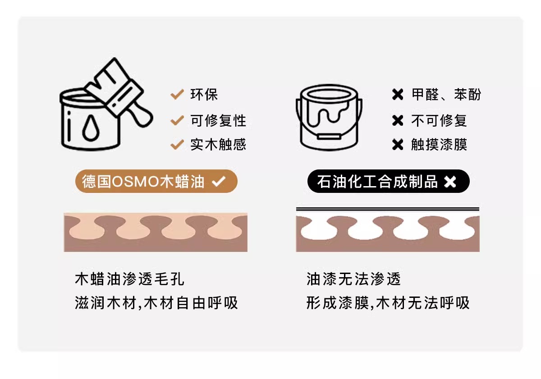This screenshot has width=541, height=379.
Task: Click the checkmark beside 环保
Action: (177, 94)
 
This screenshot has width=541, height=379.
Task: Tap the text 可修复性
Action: (218, 120)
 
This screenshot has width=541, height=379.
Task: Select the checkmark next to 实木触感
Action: (177, 144)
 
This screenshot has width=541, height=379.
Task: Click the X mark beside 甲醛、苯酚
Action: (398, 94)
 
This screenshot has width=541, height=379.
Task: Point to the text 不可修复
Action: (439, 120)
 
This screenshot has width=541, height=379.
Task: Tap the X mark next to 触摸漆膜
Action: (398, 145)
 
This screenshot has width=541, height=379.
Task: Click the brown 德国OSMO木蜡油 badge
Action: (156, 181)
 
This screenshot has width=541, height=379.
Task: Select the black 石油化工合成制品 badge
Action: (388, 181)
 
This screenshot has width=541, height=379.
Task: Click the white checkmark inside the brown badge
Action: (219, 182)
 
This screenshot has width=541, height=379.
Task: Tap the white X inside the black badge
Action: (450, 182)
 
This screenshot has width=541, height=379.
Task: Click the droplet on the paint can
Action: (91, 128)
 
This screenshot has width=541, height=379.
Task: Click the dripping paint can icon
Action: (329, 117)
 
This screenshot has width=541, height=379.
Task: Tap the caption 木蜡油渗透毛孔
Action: (130, 279)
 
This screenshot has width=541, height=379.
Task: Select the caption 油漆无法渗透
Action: (353, 279)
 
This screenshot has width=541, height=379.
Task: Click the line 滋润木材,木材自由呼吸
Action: (156, 303)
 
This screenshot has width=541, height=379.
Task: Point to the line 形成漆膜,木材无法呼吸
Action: (388, 303)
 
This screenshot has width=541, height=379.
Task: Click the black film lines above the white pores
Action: (388, 209)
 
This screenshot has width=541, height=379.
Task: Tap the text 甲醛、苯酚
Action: (446, 94)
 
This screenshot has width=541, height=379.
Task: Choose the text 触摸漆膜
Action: (439, 145)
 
